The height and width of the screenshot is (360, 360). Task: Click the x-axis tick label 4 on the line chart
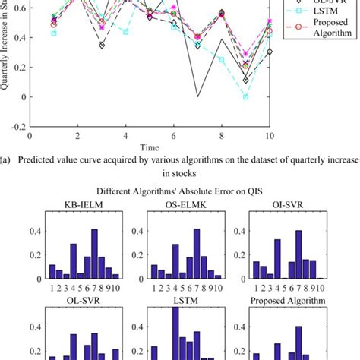pyautogui.click(x=126, y=137)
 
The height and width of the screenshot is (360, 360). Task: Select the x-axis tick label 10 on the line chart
pyautogui.click(x=270, y=137)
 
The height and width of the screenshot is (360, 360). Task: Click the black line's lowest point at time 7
pyautogui.click(x=197, y=96)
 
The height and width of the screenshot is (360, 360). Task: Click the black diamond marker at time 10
pyautogui.click(x=270, y=52)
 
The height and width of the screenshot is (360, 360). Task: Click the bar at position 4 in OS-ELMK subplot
pyautogui.click(x=175, y=261)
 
